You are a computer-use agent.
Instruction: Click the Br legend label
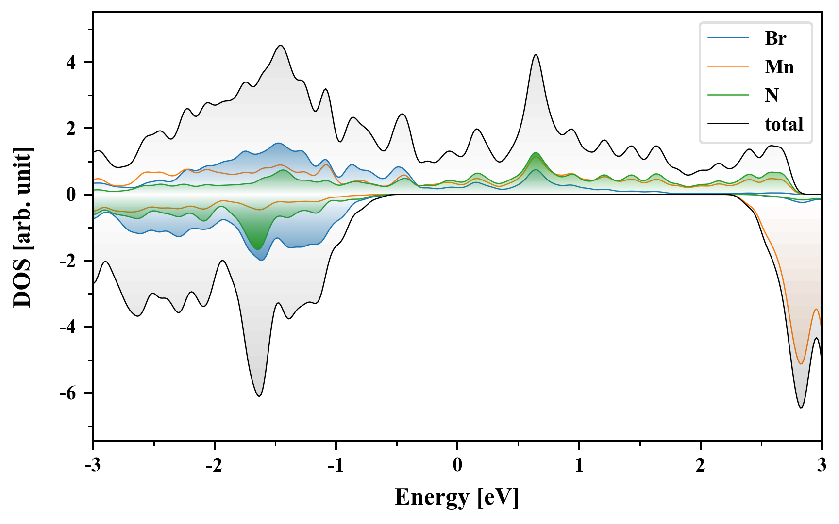(x=775, y=38)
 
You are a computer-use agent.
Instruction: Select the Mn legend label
(x=779, y=66)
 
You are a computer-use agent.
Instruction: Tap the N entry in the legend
(x=772, y=95)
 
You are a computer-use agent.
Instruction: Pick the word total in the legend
(x=784, y=124)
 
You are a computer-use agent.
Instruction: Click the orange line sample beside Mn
(x=728, y=66)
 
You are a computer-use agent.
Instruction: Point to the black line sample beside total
(x=728, y=124)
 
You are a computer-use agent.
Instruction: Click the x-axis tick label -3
(x=92, y=465)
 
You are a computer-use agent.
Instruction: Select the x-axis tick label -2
(x=214, y=465)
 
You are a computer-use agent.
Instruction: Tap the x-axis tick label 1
(x=579, y=465)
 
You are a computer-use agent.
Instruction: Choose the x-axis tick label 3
(x=822, y=465)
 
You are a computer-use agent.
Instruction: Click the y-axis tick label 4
(x=71, y=63)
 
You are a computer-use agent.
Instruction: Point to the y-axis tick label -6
(x=68, y=393)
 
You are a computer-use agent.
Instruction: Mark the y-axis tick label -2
(x=68, y=261)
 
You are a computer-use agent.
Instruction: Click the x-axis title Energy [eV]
(x=457, y=497)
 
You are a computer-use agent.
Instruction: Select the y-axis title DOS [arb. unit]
(x=22, y=227)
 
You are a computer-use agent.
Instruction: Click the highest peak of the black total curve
(x=280, y=46)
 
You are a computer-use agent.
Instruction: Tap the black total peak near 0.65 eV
(x=536, y=55)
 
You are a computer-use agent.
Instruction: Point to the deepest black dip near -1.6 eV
(x=259, y=396)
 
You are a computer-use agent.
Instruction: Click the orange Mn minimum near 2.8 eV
(x=801, y=364)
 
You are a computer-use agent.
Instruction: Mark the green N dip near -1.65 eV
(x=257, y=249)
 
